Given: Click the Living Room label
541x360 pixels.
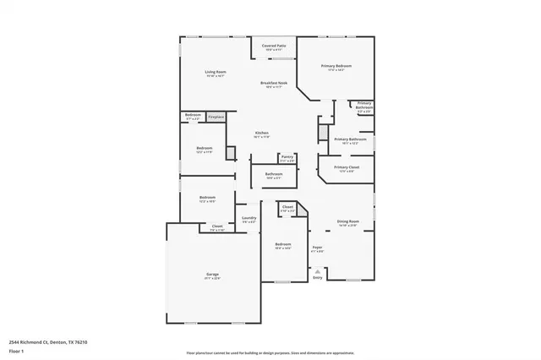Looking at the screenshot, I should [x=216, y=72].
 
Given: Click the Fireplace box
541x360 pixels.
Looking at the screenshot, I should [x=216, y=116].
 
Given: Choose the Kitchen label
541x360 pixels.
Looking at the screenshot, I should [x=263, y=134].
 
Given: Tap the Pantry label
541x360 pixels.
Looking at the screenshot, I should [x=287, y=156].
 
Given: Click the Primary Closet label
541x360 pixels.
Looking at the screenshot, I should [x=347, y=167].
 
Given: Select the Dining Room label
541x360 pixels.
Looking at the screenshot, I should [x=348, y=222].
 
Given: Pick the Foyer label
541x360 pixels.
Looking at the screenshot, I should [x=318, y=248].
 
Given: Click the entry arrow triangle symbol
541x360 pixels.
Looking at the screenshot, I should [x=318, y=270].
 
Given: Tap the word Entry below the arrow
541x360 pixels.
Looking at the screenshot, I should [x=318, y=277].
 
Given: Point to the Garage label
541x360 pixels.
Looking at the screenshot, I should [x=212, y=275].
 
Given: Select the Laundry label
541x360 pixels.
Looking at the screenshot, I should [x=249, y=218].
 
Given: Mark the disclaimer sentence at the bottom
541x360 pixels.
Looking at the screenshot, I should [x=270, y=352].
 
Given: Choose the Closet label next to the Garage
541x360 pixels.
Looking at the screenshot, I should [x=217, y=226].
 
